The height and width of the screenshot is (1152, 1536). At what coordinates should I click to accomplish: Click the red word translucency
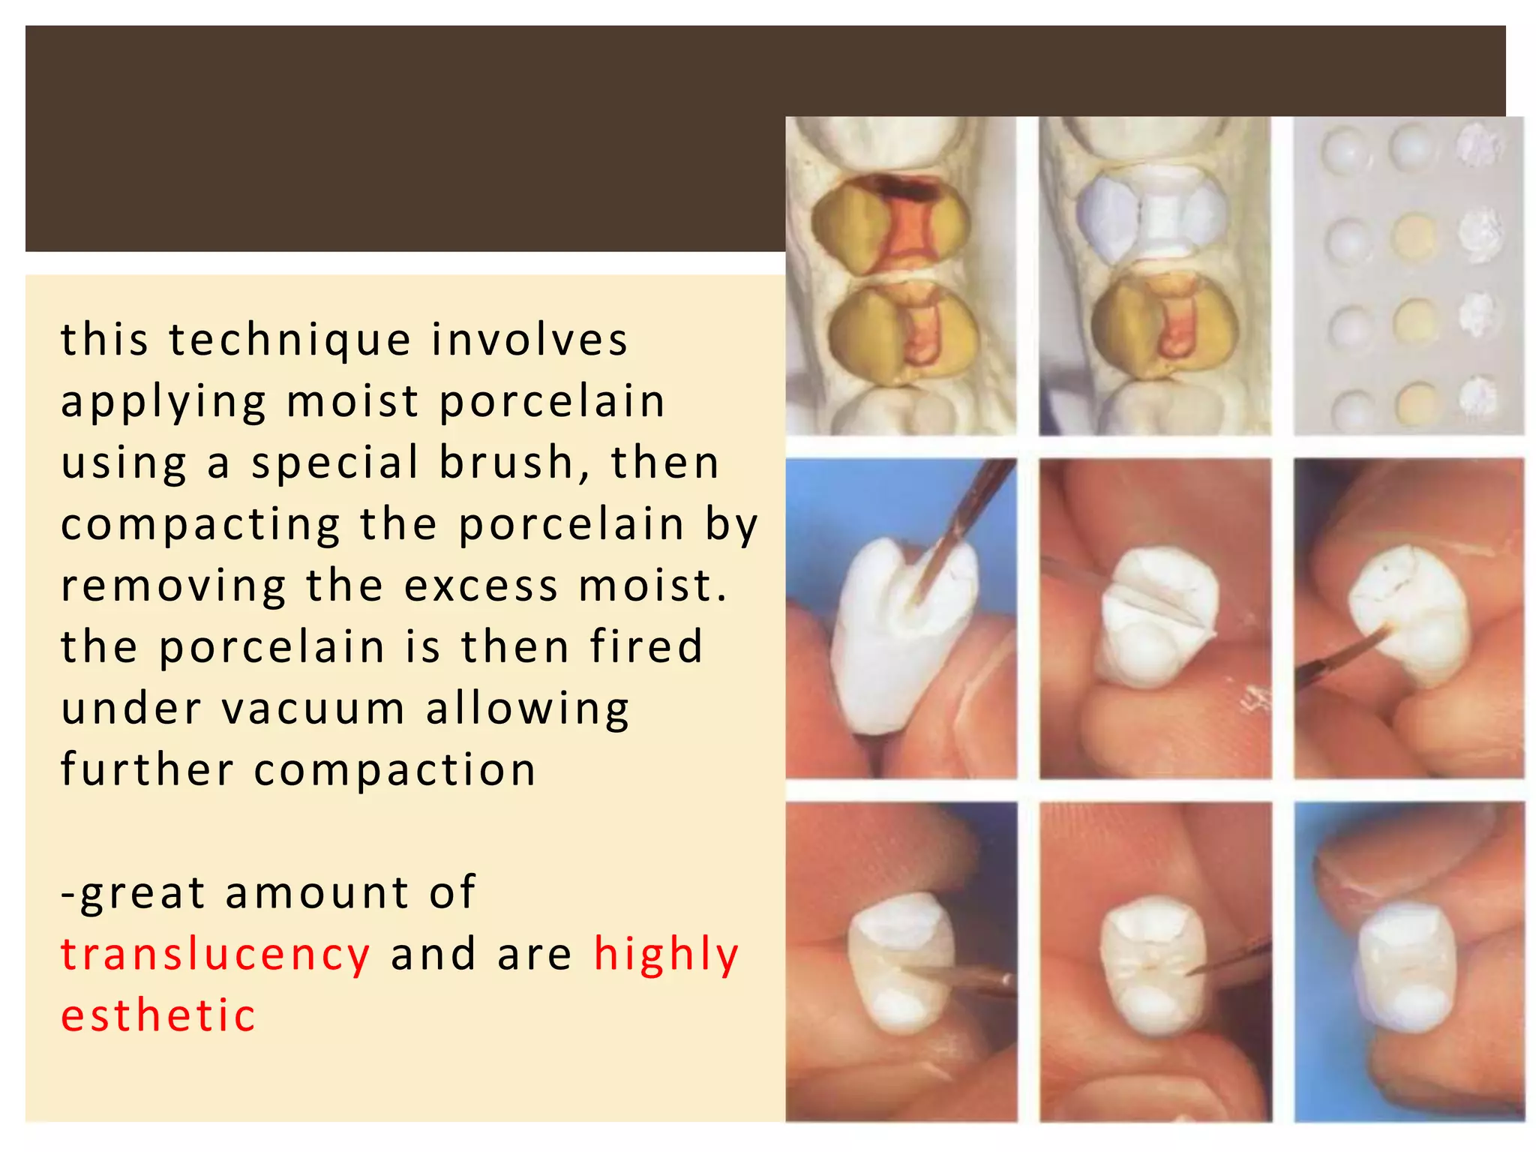[215, 955]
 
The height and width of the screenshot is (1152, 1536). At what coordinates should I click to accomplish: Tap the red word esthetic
[158, 1016]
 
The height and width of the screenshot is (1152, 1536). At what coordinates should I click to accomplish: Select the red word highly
[666, 955]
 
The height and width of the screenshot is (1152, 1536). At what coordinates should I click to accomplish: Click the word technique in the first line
[289, 340]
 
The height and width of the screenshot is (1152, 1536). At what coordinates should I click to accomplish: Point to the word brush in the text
[507, 463]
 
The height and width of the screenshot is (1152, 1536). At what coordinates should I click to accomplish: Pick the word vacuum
[313, 709]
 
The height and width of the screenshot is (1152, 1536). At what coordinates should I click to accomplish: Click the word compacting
[200, 525]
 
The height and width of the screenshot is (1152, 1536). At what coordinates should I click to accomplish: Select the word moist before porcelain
[352, 401]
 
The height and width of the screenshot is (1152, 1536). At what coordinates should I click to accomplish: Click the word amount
[316, 893]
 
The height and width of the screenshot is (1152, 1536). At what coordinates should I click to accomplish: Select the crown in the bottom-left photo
[900, 964]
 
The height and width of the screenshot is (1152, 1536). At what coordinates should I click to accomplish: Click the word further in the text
[147, 770]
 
